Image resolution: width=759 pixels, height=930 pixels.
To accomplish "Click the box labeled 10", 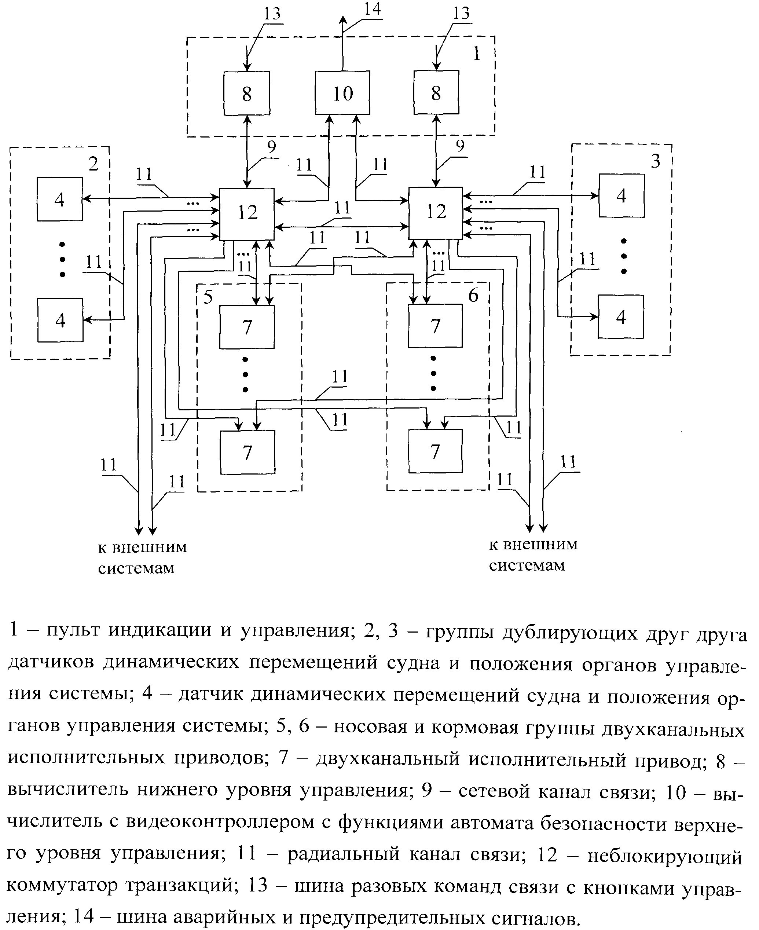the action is tap(342, 93).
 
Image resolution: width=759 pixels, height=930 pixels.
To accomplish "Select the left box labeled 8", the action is tap(247, 93).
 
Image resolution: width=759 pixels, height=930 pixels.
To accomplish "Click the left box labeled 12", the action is tap(247, 214).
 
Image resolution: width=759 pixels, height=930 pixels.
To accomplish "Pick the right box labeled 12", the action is tap(436, 213).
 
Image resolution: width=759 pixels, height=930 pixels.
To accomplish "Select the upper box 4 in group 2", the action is tap(60, 199).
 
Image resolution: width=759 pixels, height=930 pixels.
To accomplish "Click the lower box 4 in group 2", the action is tap(60, 320).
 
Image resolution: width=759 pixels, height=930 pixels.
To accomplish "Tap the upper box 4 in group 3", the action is tap(621, 195).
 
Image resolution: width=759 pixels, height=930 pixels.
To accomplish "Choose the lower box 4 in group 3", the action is tap(621, 316).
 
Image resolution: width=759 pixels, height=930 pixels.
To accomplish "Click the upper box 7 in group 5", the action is tap(247, 327).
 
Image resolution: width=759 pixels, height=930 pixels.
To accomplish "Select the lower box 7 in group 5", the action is tap(247, 452).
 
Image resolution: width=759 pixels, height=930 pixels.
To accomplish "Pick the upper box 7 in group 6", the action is tap(435, 326).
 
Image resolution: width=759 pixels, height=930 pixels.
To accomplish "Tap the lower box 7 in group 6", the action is tap(435, 451).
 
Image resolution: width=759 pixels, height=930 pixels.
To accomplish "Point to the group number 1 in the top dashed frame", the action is tap(477, 54).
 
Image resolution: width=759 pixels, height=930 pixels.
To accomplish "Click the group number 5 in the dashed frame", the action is tap(208, 297).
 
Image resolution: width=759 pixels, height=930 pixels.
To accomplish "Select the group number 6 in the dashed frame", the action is tap(473, 296).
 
